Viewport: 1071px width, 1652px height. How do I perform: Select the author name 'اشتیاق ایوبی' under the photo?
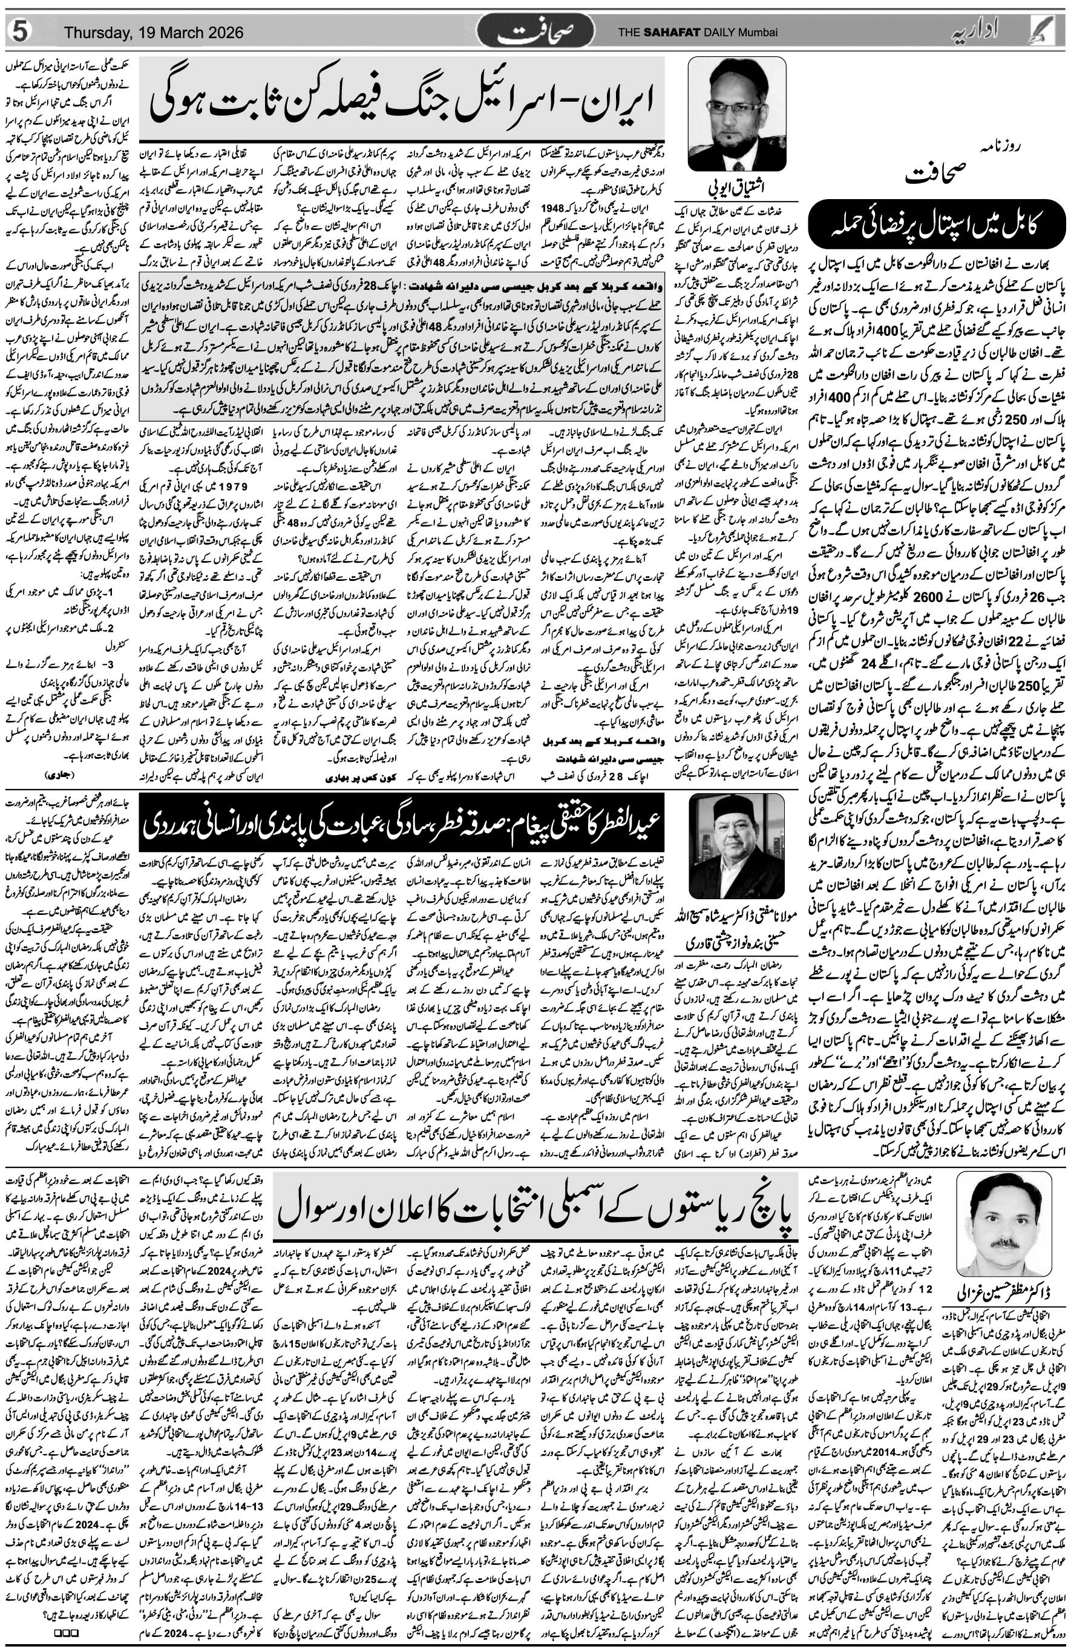point(736,185)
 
